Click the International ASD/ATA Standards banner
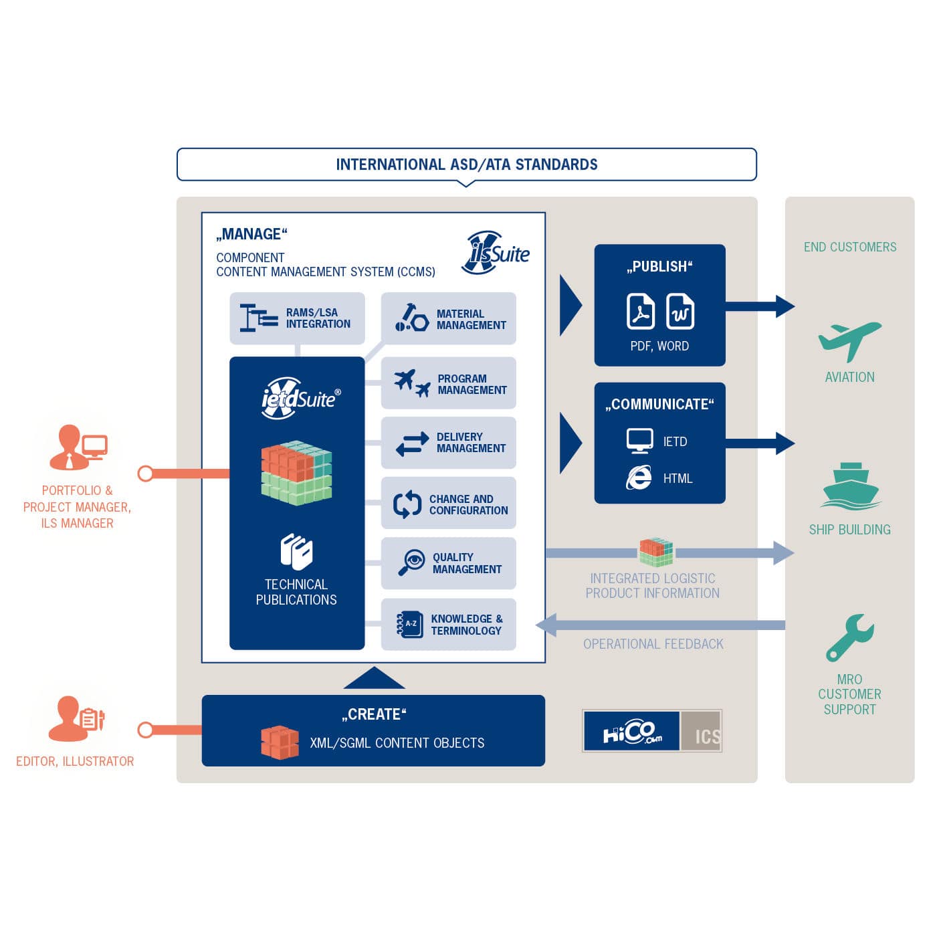[466, 165]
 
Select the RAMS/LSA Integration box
[297, 318]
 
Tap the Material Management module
[448, 319]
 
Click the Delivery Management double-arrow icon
[412, 443]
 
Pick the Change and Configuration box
[448, 504]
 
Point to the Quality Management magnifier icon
[411, 562]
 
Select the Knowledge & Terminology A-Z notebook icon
[409, 624]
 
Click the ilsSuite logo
[496, 253]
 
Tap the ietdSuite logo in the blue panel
[300, 398]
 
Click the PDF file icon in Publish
[640, 311]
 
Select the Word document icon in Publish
[680, 311]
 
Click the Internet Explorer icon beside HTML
[639, 478]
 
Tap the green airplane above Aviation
[849, 340]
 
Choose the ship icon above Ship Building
[849, 486]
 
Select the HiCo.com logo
[631, 731]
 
